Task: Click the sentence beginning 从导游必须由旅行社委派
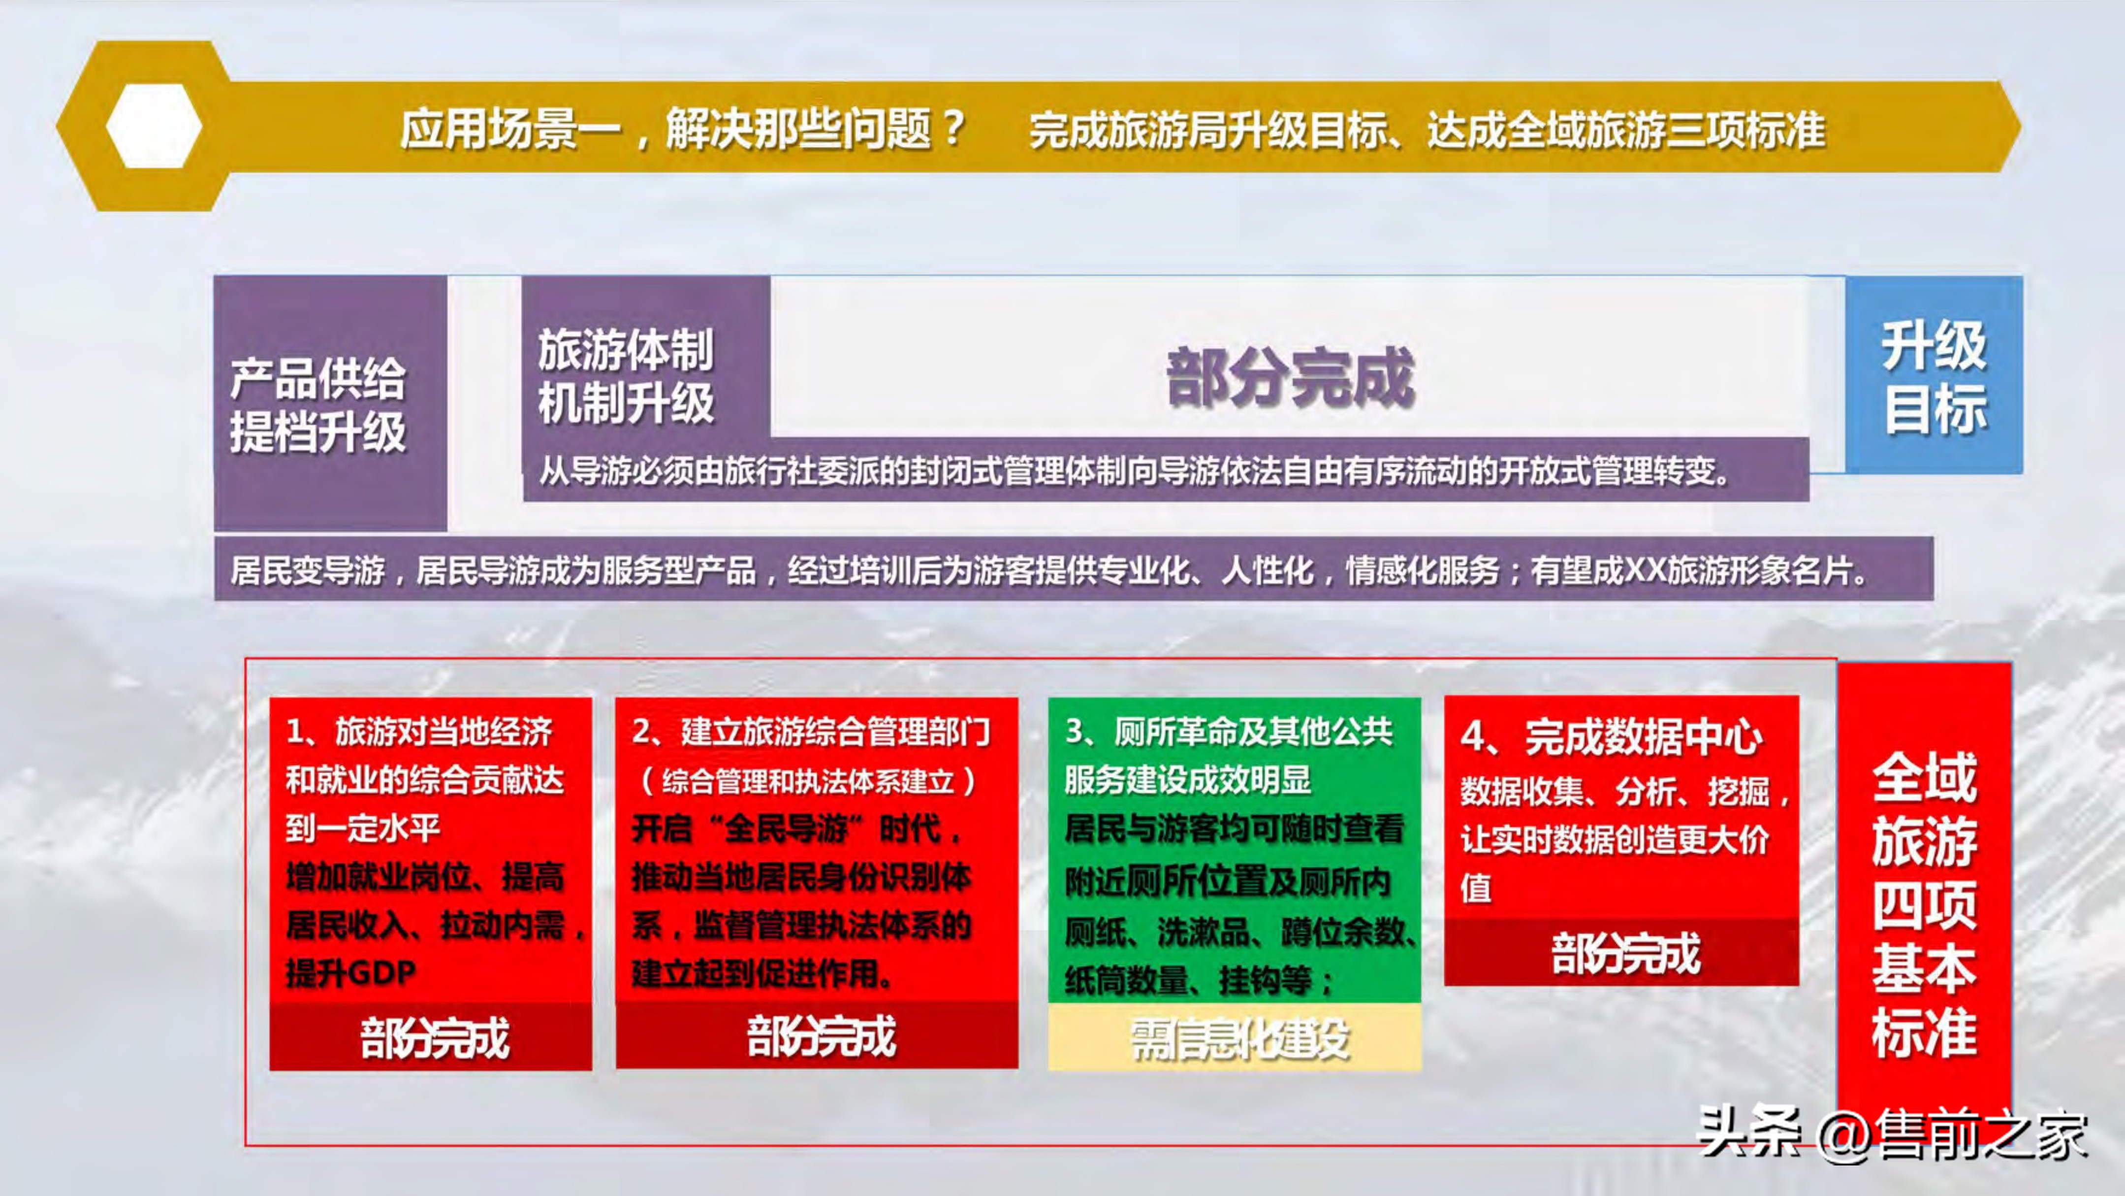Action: point(1134,471)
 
